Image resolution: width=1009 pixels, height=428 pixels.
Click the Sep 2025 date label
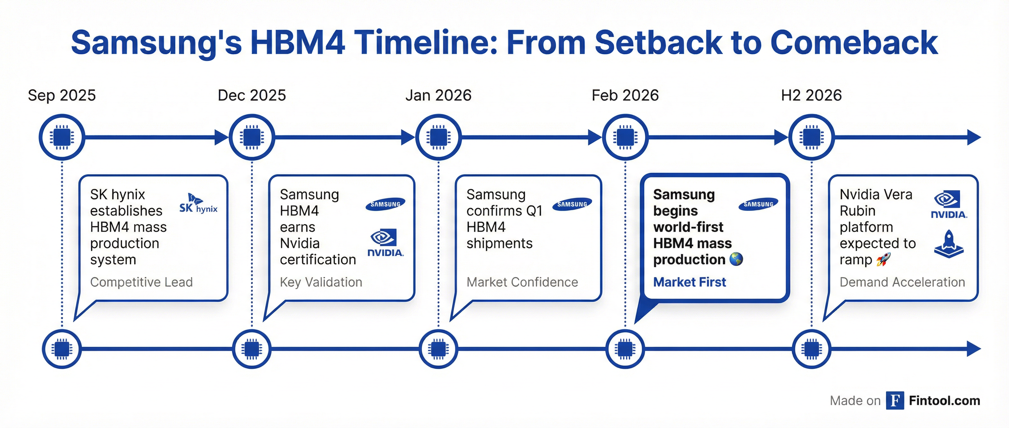62,95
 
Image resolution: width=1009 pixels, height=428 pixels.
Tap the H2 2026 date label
811,95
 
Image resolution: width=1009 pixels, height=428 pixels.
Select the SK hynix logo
198,203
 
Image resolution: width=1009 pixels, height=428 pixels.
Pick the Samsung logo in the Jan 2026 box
572,203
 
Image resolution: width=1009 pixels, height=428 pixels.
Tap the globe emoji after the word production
736,259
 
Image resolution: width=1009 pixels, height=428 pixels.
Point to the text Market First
689,282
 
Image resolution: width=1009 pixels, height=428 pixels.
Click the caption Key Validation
321,282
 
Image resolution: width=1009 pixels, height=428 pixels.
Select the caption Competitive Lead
141,282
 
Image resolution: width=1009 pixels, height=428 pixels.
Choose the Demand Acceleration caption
902,282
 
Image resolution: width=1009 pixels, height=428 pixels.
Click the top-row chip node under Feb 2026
625,137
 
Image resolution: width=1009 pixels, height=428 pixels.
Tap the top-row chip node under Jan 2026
438,137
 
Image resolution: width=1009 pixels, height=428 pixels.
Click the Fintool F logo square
895,400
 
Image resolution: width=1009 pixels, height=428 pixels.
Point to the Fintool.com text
944,400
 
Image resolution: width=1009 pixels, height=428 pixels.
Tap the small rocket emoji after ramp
883,259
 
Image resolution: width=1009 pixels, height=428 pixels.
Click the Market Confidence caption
522,282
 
